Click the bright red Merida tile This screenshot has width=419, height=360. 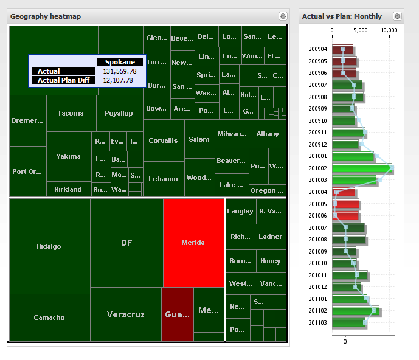point(193,243)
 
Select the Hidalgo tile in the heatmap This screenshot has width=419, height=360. point(49,246)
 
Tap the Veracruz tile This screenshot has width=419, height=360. point(126,314)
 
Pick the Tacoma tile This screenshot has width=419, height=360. point(71,113)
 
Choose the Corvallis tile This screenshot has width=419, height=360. point(164,140)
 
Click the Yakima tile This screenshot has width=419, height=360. point(68,156)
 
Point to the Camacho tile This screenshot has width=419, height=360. point(49,317)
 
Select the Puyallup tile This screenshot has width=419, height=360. point(119,113)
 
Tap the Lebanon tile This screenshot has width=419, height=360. point(164,179)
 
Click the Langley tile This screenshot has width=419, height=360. point(240,211)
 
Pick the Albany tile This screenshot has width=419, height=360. point(268,134)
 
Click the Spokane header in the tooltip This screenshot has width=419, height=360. point(120,62)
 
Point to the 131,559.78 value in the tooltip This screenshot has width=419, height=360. point(119,71)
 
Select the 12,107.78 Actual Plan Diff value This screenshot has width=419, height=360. point(118,80)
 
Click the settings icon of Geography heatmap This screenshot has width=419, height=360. point(283,16)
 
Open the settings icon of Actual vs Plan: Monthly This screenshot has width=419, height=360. point(397,16)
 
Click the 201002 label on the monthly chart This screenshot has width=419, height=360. point(317,168)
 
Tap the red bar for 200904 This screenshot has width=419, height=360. point(342,49)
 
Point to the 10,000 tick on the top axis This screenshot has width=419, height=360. point(389,29)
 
